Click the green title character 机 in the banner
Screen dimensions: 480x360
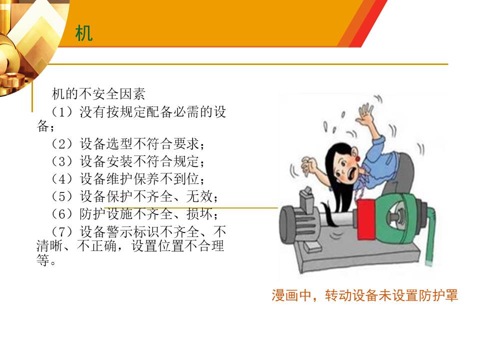coord(83,33)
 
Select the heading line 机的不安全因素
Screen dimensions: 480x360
coord(98,93)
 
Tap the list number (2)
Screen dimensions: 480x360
coord(62,144)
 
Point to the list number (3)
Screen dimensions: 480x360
coord(62,161)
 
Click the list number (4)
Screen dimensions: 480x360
coord(62,179)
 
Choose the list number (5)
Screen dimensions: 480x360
coord(62,196)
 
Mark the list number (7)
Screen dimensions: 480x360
coord(62,231)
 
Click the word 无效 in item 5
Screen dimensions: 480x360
coord(199,196)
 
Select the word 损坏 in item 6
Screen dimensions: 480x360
coord(199,213)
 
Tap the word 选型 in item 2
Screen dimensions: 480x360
coord(119,144)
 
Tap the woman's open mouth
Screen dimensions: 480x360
coord(354,173)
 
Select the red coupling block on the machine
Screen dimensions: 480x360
coord(366,219)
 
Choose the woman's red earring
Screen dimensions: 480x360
coord(357,159)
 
